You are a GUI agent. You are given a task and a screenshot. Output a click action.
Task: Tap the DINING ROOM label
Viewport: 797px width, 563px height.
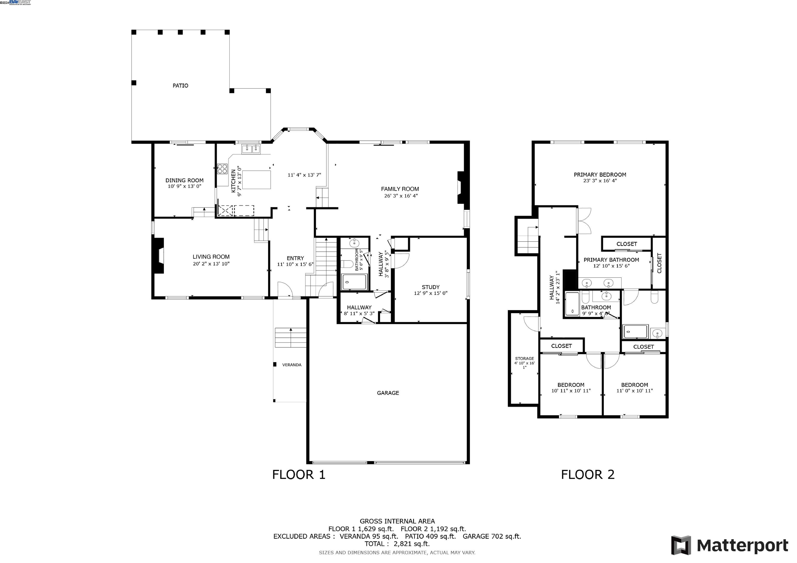click(x=184, y=180)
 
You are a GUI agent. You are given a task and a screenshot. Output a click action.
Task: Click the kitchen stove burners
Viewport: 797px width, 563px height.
click(x=222, y=169)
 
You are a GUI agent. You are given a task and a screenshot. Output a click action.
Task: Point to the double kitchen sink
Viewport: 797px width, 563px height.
click(x=251, y=149)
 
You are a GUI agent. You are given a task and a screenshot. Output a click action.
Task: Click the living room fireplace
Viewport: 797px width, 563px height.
click(x=159, y=256)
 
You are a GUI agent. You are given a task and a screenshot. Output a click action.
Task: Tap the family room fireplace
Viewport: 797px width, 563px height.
click(x=461, y=188)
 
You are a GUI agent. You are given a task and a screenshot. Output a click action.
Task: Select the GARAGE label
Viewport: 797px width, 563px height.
click(x=388, y=393)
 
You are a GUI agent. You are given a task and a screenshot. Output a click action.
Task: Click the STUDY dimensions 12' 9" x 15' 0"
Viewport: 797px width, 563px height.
click(x=430, y=293)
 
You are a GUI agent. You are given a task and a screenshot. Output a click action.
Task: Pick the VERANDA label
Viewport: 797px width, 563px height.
click(x=292, y=365)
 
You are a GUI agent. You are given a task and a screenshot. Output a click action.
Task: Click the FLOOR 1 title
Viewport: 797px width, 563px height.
click(x=299, y=475)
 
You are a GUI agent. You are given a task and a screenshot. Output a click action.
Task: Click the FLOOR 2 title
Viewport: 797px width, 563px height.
click(x=588, y=475)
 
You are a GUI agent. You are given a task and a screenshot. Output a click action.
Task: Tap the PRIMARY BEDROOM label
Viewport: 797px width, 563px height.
click(x=600, y=175)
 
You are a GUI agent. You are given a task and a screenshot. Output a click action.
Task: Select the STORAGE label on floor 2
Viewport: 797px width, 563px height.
click(x=524, y=359)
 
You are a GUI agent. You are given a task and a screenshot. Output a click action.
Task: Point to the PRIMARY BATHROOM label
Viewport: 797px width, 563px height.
click(x=611, y=260)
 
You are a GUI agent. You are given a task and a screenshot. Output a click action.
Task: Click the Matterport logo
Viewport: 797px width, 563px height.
click(x=729, y=546)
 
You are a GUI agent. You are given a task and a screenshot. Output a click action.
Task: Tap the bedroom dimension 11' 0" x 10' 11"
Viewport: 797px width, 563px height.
click(x=635, y=391)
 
